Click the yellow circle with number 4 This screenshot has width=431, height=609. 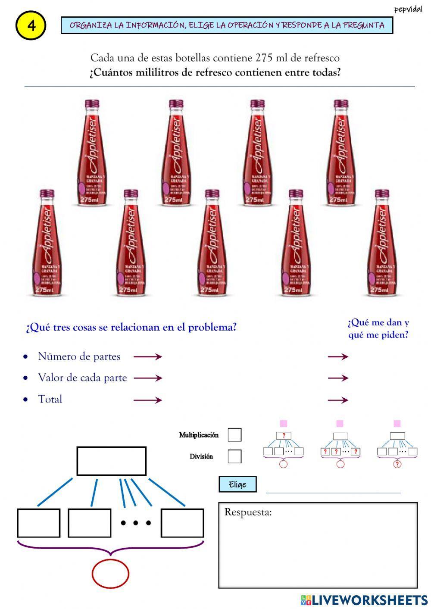31,25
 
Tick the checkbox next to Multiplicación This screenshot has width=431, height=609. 234,435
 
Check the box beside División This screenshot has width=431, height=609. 234,456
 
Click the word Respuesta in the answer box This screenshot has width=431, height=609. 248,512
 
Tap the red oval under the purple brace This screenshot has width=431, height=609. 110,574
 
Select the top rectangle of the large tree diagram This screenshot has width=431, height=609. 111,461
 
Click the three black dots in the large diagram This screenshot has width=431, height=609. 136,523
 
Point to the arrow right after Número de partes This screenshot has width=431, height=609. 147,356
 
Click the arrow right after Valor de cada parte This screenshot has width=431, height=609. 147,378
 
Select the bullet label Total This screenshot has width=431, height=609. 50,399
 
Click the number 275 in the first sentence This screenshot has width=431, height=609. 264,58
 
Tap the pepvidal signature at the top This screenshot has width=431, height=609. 408,9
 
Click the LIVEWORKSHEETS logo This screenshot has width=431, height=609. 364,600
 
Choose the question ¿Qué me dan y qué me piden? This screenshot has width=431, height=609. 378,328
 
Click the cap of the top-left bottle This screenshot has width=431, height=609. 91,104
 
